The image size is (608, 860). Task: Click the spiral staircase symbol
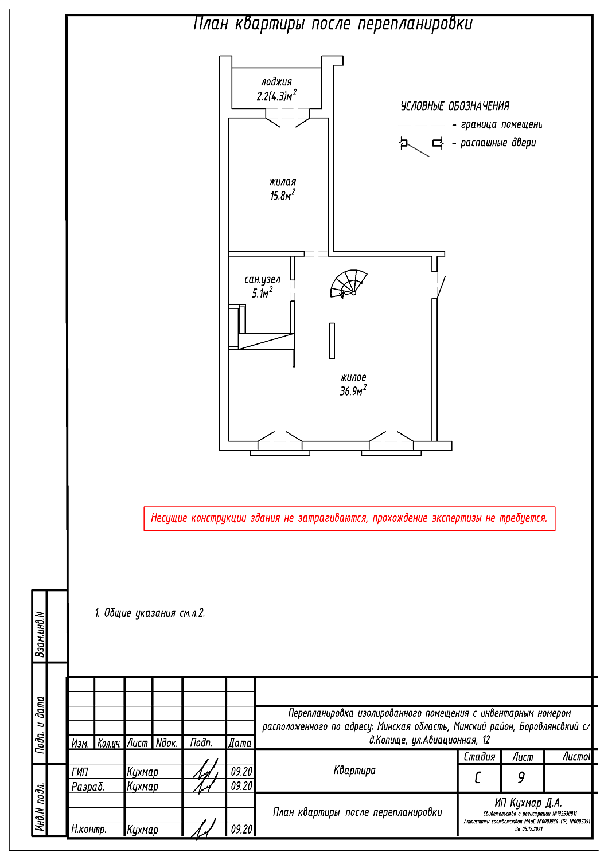tap(348, 284)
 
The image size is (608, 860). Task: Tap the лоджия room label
tap(276, 82)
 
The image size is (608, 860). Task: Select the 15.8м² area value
tap(282, 196)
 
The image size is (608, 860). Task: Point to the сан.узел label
tap(262, 280)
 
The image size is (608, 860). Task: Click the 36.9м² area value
tap(353, 391)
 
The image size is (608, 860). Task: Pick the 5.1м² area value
tap(262, 293)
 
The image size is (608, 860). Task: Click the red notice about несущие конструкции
tap(349, 518)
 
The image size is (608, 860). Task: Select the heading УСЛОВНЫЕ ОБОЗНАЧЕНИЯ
tap(454, 106)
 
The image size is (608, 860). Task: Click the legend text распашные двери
tap(498, 143)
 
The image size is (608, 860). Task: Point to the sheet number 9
tap(521, 777)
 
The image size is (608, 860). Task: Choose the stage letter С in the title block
tap(478, 777)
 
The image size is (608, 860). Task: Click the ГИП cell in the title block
tap(80, 772)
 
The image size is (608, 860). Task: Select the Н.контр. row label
tap(88, 829)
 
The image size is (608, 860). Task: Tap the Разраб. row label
tap(87, 787)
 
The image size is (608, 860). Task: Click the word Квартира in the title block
tap(354, 770)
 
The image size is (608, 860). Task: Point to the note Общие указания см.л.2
tap(150, 613)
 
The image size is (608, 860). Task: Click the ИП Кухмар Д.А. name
tap(528, 803)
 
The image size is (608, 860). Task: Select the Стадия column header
tap(479, 757)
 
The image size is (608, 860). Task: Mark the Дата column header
tap(240, 743)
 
